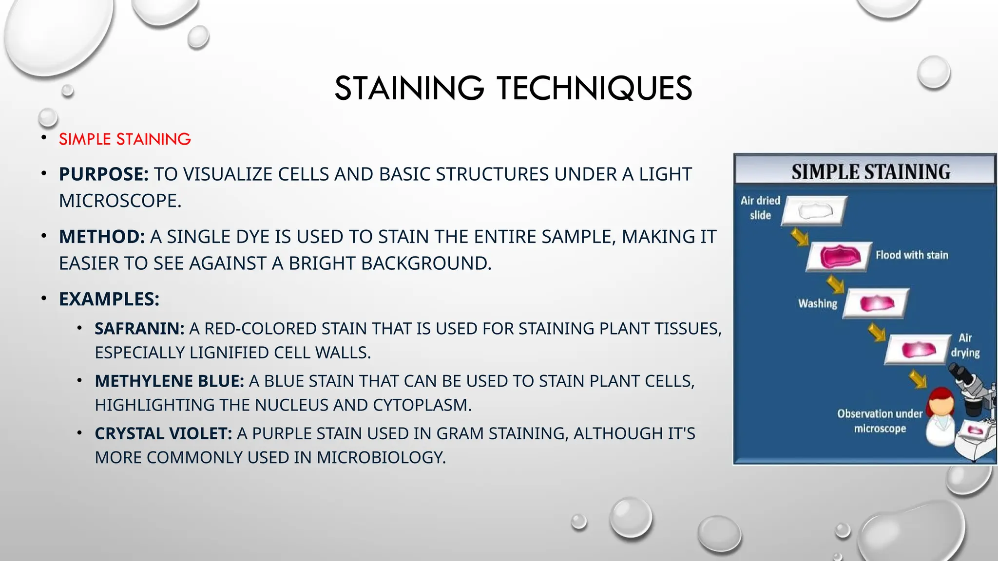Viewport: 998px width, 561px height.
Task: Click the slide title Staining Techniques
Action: (513, 89)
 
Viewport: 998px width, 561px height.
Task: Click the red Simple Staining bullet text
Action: (125, 139)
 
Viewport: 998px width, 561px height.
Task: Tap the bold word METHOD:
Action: (102, 237)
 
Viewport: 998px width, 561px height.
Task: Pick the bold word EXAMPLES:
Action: (109, 299)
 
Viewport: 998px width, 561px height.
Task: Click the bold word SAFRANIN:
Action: (139, 329)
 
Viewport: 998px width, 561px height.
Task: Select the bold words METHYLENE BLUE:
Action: (169, 381)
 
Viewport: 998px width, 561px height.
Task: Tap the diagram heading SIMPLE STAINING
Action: (870, 172)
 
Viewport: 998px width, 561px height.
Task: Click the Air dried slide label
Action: (760, 208)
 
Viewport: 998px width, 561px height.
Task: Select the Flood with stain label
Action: (912, 255)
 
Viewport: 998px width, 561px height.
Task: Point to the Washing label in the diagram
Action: (817, 303)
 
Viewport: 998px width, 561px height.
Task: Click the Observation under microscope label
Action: (880, 421)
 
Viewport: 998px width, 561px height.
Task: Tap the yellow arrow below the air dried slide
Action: (800, 237)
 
